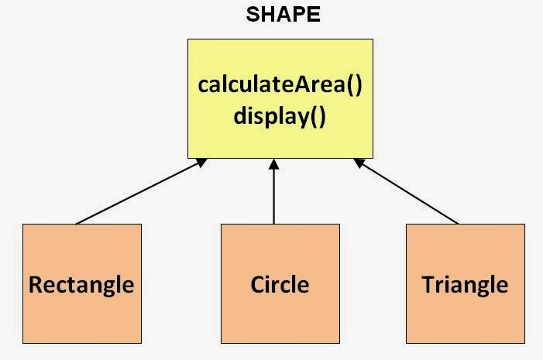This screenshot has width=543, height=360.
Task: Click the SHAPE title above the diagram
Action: [x=283, y=15]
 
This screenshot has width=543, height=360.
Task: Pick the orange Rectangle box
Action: [x=81, y=248]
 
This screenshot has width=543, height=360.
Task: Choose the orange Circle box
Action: [x=280, y=248]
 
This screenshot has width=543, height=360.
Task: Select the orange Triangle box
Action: [x=465, y=248]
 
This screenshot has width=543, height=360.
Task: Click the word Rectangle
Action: [x=81, y=285]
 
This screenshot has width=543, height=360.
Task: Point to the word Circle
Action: [x=280, y=285]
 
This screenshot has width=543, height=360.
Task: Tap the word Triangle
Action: [x=465, y=285]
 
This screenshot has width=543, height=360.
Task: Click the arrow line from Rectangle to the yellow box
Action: [x=139, y=192]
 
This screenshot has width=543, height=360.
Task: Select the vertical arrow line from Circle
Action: [x=273, y=194]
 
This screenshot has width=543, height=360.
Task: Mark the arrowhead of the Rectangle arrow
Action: [x=202, y=162]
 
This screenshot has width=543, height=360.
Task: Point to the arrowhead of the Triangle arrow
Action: [x=358, y=162]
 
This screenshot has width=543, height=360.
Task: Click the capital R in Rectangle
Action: [x=36, y=285]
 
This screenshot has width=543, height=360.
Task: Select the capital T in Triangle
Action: [x=428, y=285]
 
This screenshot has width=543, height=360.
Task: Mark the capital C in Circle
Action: [x=258, y=285]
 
